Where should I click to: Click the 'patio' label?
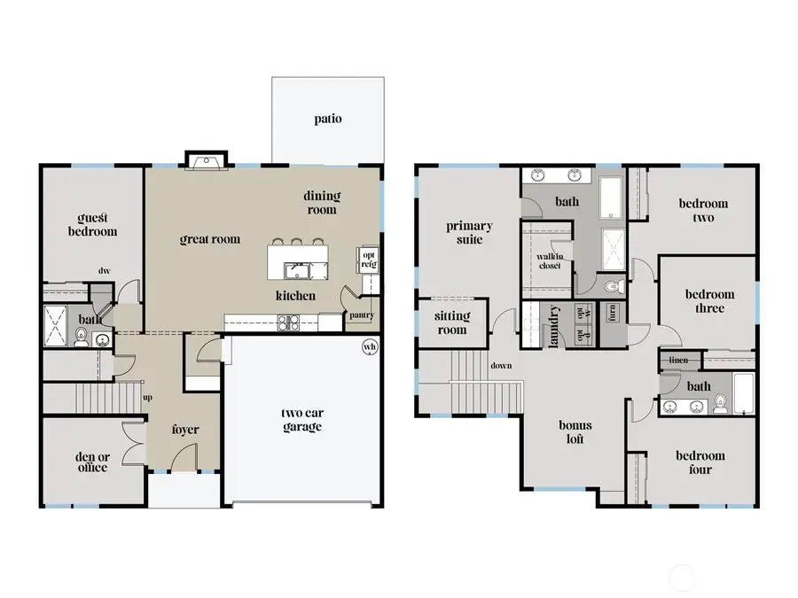tap(327, 119)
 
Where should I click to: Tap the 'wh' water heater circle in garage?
tap(368, 347)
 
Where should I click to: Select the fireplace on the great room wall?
tap(206, 160)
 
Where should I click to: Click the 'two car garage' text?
tap(301, 419)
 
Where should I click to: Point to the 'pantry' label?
tap(362, 315)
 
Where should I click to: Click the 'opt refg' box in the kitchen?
tap(368, 260)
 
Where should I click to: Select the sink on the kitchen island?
tap(295, 269)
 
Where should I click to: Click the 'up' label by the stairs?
tap(147, 397)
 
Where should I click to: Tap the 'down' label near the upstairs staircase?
tap(501, 365)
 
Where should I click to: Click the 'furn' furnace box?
tap(613, 313)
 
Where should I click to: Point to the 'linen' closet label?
tap(678, 361)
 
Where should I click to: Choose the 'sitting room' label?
tap(452, 322)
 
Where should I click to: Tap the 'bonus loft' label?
tap(575, 431)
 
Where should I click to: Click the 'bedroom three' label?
tap(708, 301)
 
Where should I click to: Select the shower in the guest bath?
tap(55, 325)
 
